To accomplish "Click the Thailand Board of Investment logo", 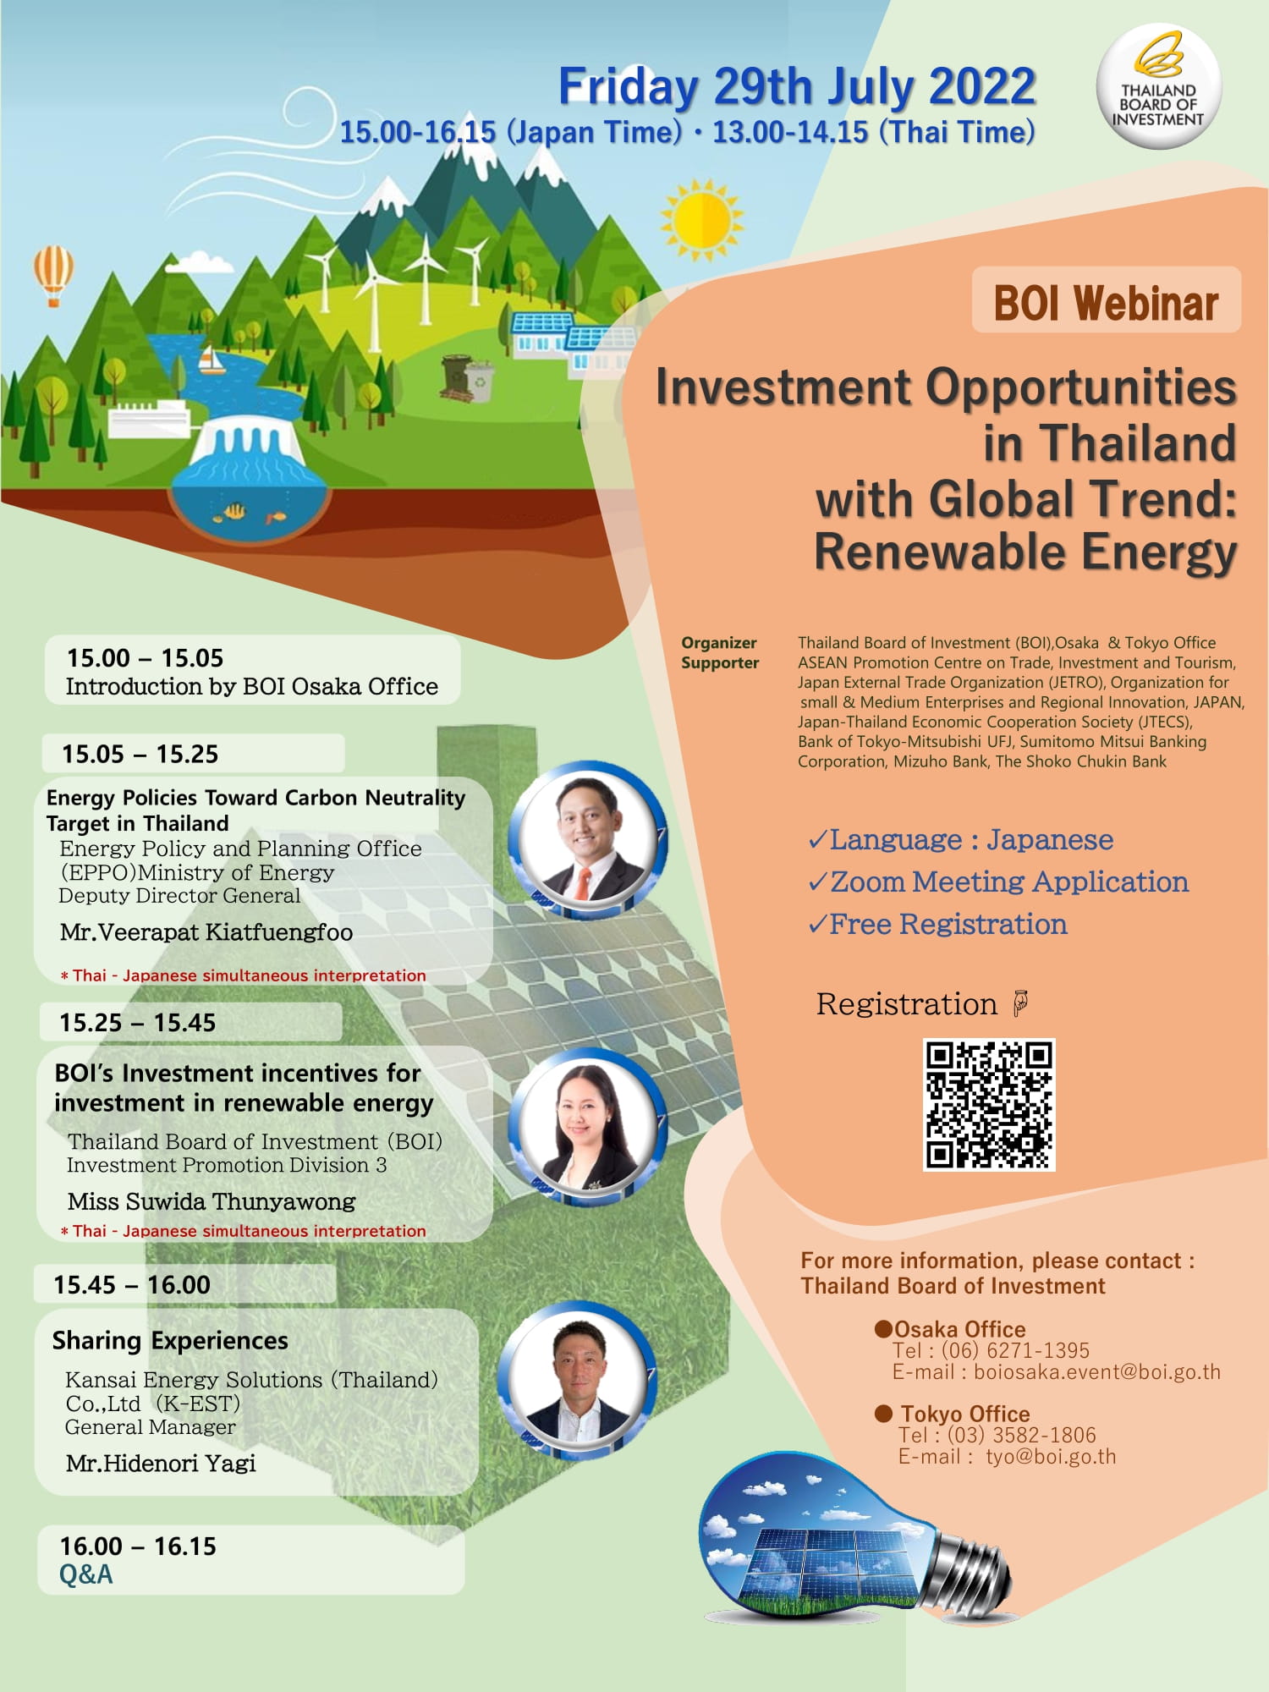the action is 1158,86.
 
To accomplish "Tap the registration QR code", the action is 989,1105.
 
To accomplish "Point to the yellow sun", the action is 701,219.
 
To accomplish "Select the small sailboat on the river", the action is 210,360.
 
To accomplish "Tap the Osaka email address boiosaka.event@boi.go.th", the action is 1097,1371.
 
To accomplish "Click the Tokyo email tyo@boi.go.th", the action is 1051,1456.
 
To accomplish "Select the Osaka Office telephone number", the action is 1015,1350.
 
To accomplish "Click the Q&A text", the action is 85,1574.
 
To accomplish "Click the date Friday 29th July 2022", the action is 797,86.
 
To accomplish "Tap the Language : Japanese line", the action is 961,839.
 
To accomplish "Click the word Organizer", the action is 719,643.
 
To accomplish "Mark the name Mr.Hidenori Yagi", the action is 161,1463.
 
